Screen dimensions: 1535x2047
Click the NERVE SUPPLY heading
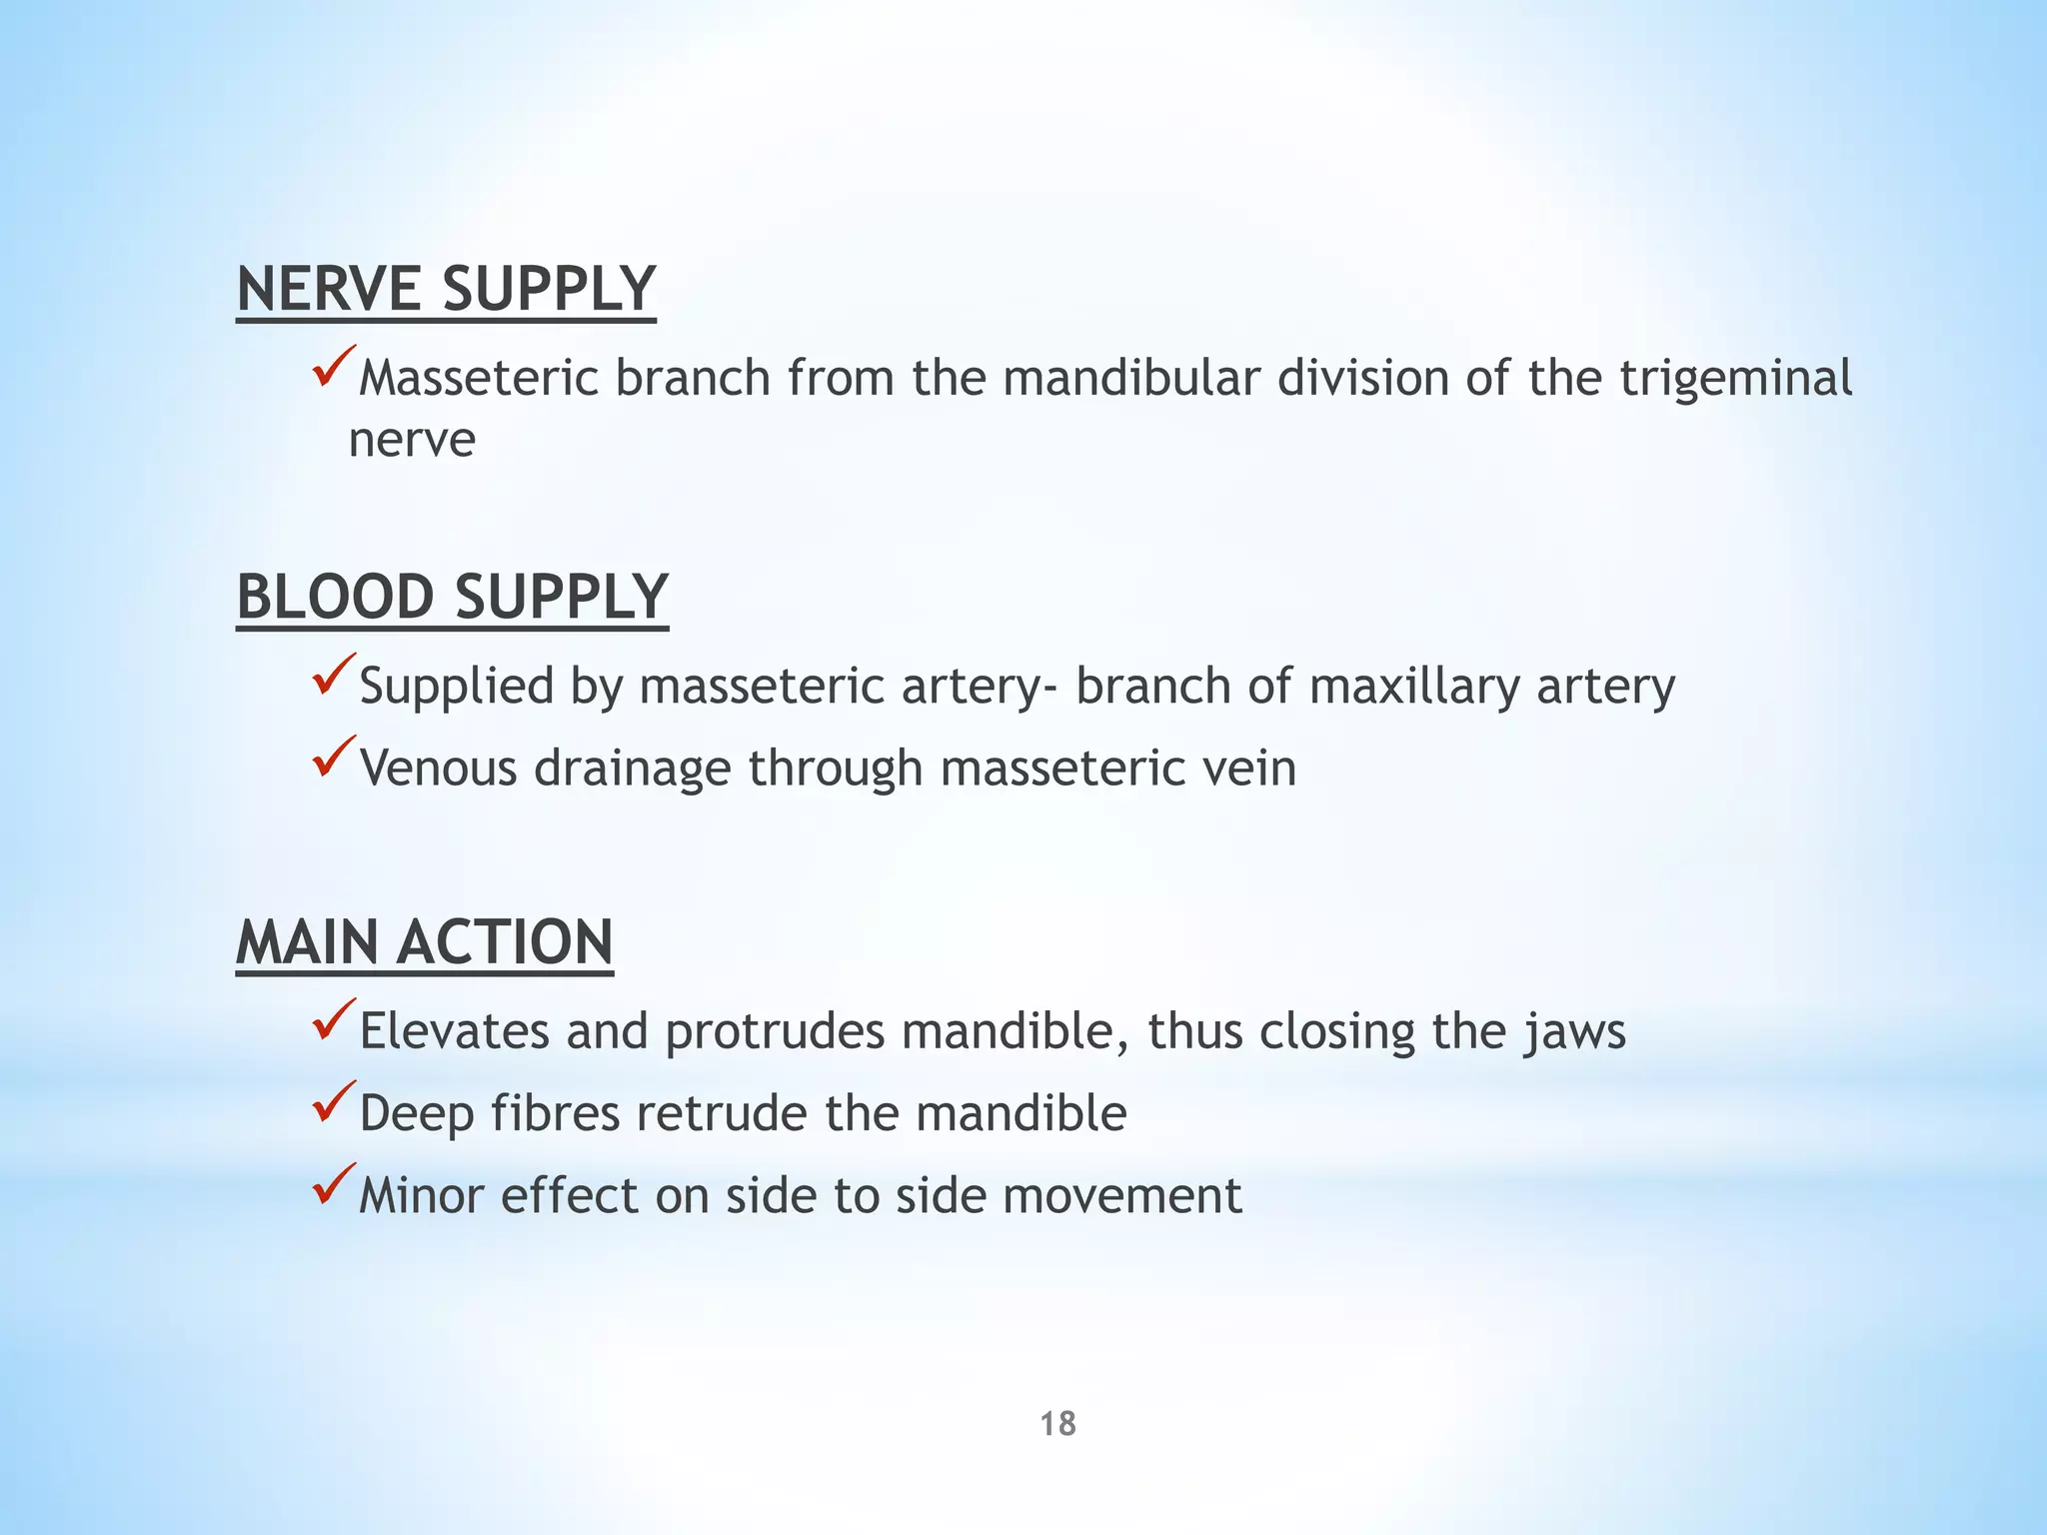[446, 290]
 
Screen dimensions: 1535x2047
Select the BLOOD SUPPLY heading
[452, 598]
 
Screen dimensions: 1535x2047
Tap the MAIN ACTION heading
[424, 942]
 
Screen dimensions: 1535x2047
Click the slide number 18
[1057, 1424]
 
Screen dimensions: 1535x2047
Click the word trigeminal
[1735, 379]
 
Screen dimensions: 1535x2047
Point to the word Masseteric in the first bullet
[479, 379]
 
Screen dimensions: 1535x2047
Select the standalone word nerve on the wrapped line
[412, 440]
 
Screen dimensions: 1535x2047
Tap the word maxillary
[1414, 688]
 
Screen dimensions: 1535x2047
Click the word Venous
[439, 768]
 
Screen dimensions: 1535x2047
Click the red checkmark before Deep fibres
[334, 1101]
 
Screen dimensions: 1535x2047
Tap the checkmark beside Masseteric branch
[334, 367]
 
